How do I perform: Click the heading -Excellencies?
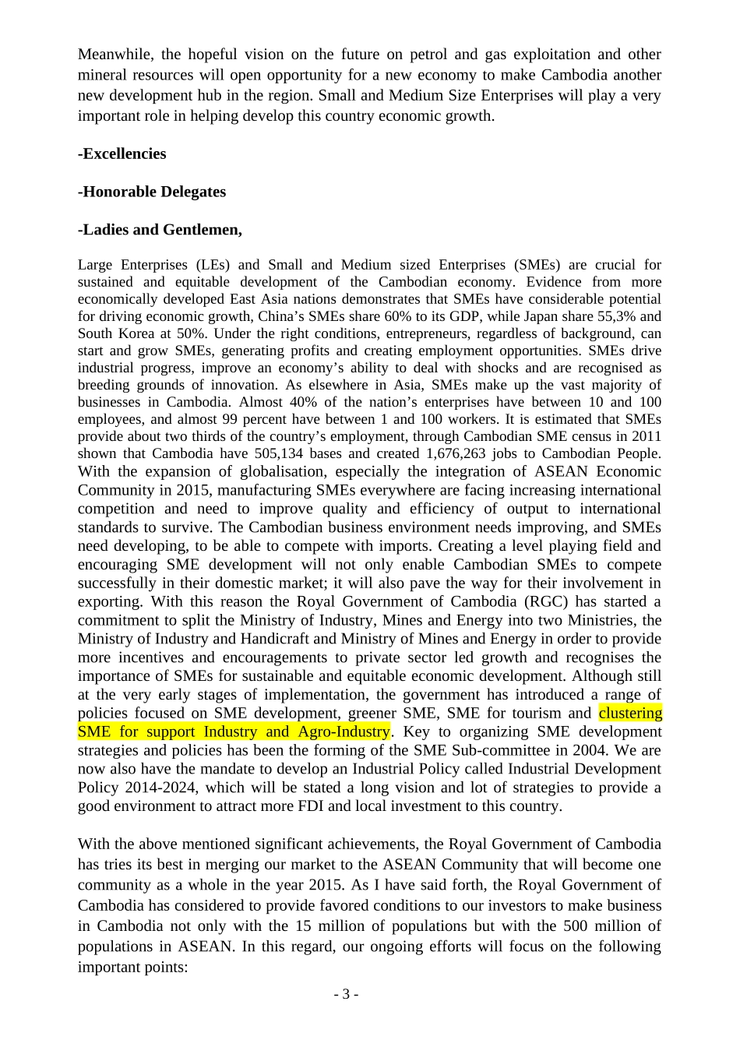(x=122, y=153)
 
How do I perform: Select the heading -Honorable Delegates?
(x=152, y=192)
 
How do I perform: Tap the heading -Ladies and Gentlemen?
(x=160, y=230)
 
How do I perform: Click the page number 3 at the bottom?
(x=346, y=995)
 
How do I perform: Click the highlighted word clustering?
(x=630, y=713)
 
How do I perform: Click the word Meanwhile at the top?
(x=115, y=55)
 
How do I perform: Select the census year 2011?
(x=646, y=436)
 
